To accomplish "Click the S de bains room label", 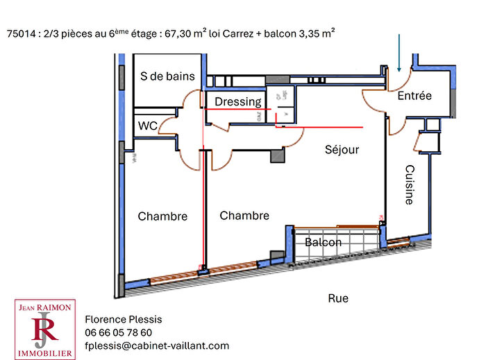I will pyautogui.click(x=167, y=76).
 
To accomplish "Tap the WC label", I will pyautogui.click(x=147, y=126).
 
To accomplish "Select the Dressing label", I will pyautogui.click(x=237, y=102).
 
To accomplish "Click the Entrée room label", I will pyautogui.click(x=414, y=96).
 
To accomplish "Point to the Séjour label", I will pyautogui.click(x=342, y=149).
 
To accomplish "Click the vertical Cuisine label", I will pyautogui.click(x=409, y=185).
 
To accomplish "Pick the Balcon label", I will pyautogui.click(x=323, y=242).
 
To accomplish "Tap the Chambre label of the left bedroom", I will pyautogui.click(x=162, y=216).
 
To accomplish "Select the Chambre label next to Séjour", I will pyautogui.click(x=244, y=216).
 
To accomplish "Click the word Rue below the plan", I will pyautogui.click(x=338, y=298).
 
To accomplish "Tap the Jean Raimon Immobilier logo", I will pyautogui.click(x=45, y=329).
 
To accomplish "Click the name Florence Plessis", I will pyautogui.click(x=123, y=319).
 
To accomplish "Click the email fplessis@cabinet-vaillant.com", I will pyautogui.click(x=156, y=345).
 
